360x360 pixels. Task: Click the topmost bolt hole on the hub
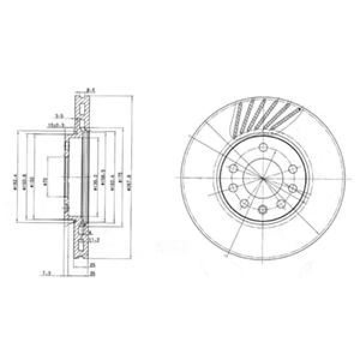point(262,149)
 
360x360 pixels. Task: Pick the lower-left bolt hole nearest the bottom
point(244,205)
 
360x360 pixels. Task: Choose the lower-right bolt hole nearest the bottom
point(281,205)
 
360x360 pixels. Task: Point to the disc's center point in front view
point(262,178)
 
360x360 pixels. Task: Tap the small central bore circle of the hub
point(262,178)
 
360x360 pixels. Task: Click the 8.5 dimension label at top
point(91,91)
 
